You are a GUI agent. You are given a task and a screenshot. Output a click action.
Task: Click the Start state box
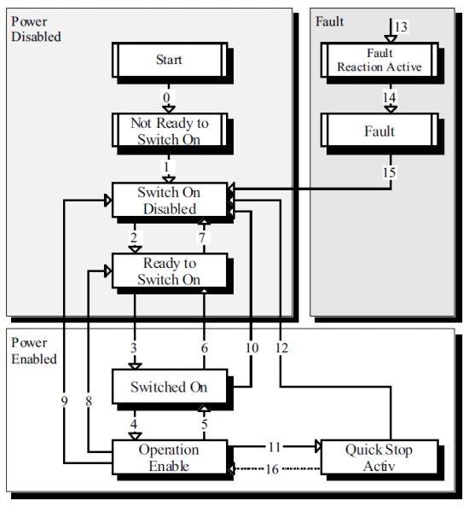(169, 61)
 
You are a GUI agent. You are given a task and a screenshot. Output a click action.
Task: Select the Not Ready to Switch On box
(169, 131)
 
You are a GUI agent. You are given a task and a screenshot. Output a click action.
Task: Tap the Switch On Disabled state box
(169, 201)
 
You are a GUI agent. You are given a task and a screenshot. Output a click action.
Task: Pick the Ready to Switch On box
(169, 271)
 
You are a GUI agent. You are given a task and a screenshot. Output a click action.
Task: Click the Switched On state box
(169, 387)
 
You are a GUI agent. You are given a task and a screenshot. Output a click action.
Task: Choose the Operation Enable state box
(169, 457)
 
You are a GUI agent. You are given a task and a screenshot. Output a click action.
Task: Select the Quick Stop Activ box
(379, 457)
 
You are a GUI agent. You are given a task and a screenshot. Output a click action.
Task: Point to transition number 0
(167, 97)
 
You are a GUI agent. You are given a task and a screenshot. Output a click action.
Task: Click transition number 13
(401, 27)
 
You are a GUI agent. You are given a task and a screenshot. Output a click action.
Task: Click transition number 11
(275, 446)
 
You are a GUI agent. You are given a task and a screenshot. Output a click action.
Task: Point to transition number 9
(65, 400)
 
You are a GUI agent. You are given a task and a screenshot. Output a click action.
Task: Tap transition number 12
(281, 347)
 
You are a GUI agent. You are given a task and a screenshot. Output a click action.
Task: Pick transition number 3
(134, 348)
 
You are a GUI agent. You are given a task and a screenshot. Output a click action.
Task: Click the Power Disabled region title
(36, 29)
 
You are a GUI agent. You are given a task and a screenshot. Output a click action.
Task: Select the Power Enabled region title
(34, 351)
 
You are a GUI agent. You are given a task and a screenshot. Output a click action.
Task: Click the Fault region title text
(329, 20)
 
